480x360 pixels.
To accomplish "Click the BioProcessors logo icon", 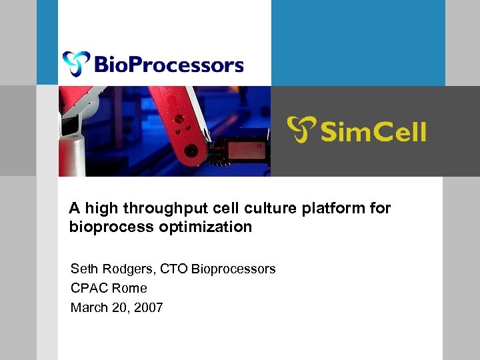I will (x=75, y=63).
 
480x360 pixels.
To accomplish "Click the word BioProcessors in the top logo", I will (x=169, y=65).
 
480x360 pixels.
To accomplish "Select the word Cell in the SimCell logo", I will (x=399, y=131).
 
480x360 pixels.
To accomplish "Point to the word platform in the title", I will (x=335, y=209).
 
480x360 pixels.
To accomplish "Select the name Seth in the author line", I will (x=83, y=269).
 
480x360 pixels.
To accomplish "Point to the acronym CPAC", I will (x=89, y=289).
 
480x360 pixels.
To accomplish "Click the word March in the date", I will (x=89, y=308).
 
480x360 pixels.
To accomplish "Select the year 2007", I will (x=149, y=308).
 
